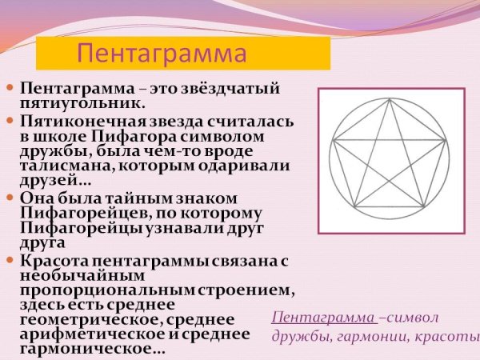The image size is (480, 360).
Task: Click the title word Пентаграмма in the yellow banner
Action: pos(160,54)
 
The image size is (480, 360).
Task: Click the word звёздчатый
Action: pos(237,86)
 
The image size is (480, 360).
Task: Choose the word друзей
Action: pos(48,182)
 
